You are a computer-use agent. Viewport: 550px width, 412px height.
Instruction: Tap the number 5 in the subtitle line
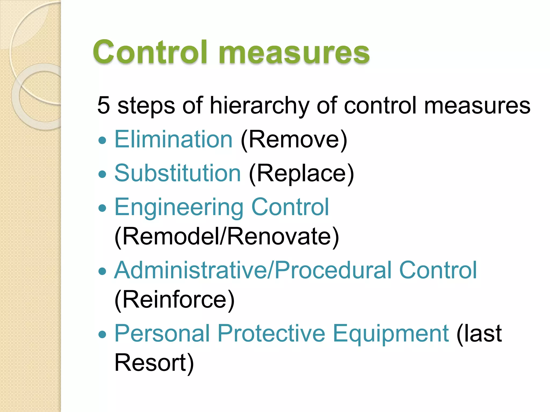[104, 105]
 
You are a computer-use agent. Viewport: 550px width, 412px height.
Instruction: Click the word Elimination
[173, 139]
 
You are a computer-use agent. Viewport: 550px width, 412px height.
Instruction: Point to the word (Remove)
[294, 140]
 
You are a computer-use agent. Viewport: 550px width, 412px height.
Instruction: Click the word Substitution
[178, 173]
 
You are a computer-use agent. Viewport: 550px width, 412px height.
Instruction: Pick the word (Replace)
[301, 174]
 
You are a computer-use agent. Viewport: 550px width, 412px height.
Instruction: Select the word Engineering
[179, 207]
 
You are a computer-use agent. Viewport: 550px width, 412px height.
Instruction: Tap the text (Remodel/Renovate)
[227, 236]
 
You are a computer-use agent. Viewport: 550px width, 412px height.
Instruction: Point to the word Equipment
[391, 334]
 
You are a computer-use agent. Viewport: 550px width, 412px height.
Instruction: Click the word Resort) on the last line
[154, 363]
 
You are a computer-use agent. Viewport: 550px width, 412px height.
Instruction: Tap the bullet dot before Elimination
[102, 140]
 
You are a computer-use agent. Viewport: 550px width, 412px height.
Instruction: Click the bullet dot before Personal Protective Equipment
[102, 334]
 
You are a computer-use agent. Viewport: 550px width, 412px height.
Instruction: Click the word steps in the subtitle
[146, 106]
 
